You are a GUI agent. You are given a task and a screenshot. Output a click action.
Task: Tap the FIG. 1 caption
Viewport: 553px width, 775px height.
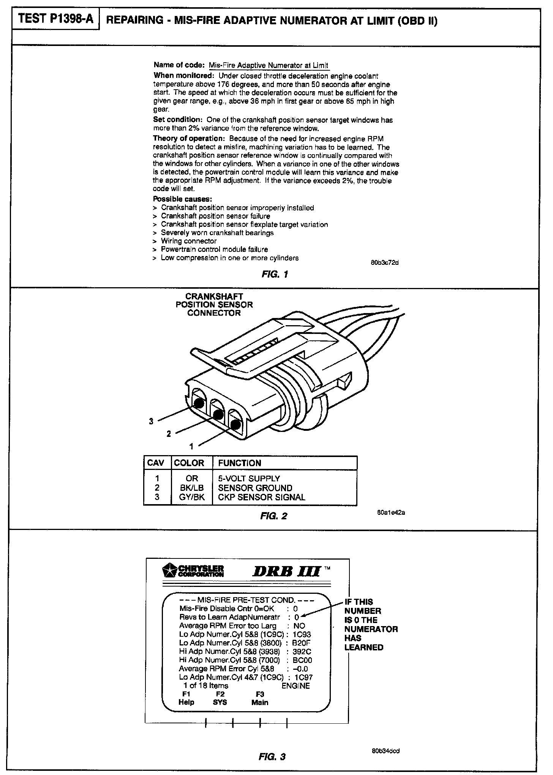(x=275, y=274)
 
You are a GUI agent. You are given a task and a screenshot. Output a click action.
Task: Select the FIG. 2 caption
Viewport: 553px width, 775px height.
(x=273, y=516)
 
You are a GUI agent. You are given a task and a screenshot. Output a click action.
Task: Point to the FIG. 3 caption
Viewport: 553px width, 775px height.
(x=272, y=757)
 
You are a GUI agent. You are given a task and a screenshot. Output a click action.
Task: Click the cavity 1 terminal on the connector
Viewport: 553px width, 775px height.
(x=235, y=424)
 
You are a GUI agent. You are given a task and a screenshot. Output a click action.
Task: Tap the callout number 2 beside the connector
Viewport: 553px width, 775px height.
(x=169, y=434)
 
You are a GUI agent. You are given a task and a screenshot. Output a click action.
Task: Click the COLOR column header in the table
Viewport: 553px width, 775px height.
(x=189, y=463)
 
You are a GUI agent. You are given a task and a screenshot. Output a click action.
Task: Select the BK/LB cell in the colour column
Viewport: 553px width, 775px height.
(x=192, y=488)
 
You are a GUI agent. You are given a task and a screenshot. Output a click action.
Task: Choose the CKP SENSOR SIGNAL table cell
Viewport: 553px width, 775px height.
(x=261, y=497)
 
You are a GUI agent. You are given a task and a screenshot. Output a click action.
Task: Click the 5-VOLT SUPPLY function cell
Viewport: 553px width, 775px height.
(x=249, y=479)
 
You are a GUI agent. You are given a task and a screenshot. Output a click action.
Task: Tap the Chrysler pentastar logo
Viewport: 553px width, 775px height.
(x=169, y=571)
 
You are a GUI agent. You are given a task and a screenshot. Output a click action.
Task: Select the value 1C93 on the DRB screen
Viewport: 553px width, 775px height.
(x=302, y=634)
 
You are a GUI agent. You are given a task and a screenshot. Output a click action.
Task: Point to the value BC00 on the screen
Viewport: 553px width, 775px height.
(x=303, y=660)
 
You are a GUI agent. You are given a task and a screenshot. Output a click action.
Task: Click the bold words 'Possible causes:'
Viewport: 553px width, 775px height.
(x=182, y=199)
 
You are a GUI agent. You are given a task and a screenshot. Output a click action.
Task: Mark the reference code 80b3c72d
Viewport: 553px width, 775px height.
(x=385, y=263)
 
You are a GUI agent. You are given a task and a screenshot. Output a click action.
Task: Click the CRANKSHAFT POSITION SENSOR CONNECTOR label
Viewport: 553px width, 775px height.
(x=214, y=305)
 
